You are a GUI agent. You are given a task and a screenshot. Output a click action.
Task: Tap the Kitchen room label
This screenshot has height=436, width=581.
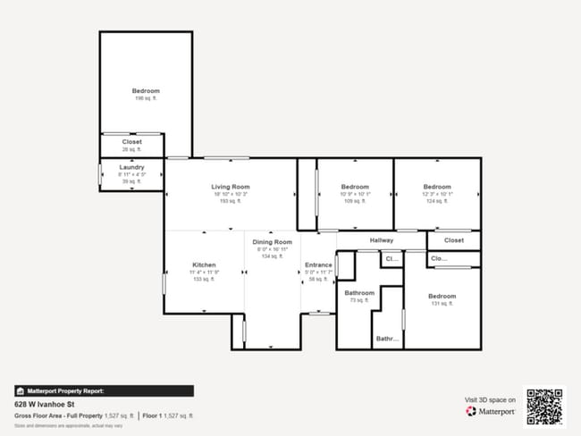point(204,265)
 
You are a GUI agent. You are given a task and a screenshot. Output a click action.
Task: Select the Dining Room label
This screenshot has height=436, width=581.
point(272,242)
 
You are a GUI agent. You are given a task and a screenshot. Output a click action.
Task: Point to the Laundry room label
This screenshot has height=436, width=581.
point(132,166)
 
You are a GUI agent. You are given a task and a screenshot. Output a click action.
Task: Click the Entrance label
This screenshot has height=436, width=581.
point(318,265)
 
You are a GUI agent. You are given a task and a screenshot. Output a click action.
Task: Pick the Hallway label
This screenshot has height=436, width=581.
point(382,240)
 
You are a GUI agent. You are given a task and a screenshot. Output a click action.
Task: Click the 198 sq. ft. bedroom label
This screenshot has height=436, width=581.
point(146,91)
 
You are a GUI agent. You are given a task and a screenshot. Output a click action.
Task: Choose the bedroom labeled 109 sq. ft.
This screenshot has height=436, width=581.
point(355,187)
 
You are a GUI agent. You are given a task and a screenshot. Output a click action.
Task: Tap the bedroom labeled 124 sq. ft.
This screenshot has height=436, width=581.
point(437,187)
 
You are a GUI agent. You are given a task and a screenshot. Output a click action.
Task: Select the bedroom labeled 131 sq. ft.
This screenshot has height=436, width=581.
point(442,297)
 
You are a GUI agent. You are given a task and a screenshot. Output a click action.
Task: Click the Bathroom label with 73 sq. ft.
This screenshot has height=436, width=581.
point(359,293)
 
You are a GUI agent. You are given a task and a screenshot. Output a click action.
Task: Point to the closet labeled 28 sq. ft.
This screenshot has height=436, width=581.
point(132,142)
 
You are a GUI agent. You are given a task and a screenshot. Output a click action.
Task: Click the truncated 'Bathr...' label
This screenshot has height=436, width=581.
point(387,339)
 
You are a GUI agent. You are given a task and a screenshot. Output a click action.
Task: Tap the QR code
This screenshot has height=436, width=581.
point(544,406)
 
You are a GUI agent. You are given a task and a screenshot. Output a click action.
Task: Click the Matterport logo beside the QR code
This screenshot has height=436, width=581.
point(491,412)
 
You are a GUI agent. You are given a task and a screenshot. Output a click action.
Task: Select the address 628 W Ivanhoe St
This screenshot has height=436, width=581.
point(46,404)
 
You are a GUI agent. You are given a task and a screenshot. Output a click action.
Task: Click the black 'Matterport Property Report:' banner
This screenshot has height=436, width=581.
point(103,390)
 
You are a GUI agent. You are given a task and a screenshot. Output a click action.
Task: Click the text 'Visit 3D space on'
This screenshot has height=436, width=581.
point(491,399)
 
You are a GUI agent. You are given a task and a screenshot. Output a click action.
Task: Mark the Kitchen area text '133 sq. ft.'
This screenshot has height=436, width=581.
point(204,280)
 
